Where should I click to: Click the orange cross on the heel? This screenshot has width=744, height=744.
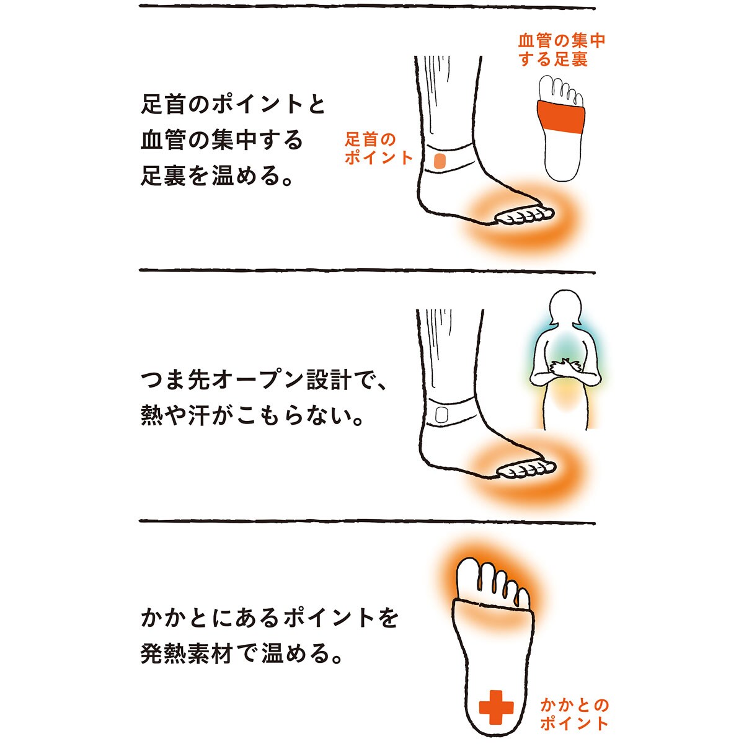496,707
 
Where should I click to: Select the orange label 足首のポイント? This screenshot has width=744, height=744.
378,149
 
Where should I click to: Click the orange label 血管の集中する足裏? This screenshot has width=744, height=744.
561,50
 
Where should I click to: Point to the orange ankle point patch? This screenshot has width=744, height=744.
440,160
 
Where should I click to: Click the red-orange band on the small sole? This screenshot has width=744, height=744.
560,117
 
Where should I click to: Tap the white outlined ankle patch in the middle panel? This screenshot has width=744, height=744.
441,415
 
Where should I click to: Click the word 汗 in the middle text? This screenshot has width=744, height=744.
199,415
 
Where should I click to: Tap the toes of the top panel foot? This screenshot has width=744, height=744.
525,216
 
